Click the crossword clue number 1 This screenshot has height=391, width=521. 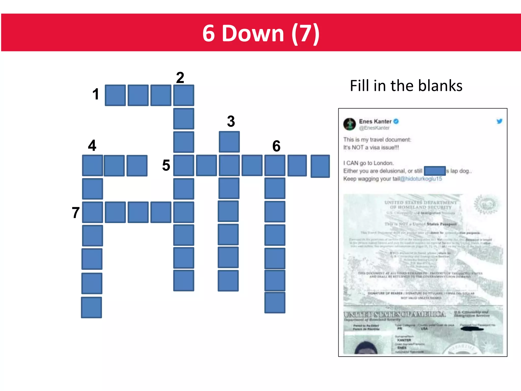96,94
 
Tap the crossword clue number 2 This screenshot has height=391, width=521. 180,78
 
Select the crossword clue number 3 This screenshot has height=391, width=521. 231,121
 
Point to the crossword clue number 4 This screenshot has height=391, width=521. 92,145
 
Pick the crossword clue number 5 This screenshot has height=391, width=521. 166,165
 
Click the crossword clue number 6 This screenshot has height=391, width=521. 276,146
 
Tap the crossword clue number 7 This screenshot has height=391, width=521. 76,213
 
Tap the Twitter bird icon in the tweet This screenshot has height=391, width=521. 499,121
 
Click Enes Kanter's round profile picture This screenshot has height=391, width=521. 350,124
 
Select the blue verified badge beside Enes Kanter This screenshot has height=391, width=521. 396,121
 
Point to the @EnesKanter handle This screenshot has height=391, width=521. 374,128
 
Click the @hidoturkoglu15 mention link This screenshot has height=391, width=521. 421,179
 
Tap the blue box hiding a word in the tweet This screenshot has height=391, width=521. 435,171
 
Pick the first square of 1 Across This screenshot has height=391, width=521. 115,95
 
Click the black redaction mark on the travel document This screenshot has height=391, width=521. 472,329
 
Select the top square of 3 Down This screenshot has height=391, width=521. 229,142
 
